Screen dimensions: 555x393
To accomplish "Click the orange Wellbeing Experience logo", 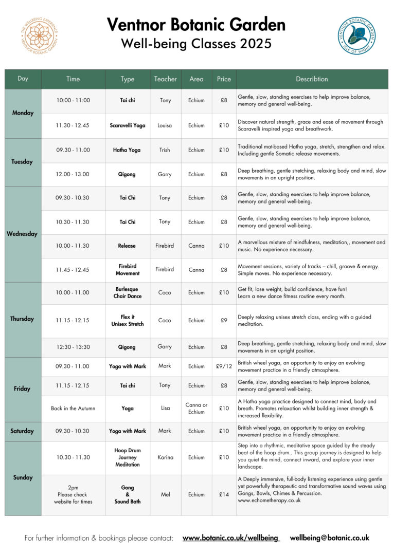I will (x=39, y=35).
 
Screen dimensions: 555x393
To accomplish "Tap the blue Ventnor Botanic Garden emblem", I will (x=356, y=35).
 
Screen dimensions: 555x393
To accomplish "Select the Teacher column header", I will (x=165, y=79).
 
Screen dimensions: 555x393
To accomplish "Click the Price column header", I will (x=224, y=79).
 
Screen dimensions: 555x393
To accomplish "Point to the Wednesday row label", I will (x=22, y=234).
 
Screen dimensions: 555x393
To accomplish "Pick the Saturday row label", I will (x=22, y=431).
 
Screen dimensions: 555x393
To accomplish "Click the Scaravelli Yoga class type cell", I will (x=128, y=125).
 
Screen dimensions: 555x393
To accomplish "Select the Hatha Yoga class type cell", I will (x=128, y=150).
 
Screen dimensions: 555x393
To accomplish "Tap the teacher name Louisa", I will (x=165, y=125).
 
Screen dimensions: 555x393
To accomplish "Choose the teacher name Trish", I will (x=165, y=150).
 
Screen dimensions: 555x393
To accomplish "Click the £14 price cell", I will (x=224, y=495).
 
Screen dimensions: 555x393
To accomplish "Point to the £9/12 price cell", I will (x=224, y=366).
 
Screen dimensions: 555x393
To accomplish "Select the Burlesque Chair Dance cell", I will (x=128, y=292).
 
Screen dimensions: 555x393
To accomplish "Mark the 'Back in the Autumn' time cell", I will (x=73, y=409).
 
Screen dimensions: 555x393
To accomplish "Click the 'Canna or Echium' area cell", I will (x=196, y=409).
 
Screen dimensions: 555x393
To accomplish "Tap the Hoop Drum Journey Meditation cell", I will (x=128, y=457).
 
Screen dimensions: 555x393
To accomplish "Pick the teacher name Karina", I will (x=165, y=457).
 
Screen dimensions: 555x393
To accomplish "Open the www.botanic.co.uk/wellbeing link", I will (x=231, y=538).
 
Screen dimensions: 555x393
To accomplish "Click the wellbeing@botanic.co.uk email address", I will (x=329, y=538).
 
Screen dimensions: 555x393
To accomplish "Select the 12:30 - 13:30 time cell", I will (x=73, y=347).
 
